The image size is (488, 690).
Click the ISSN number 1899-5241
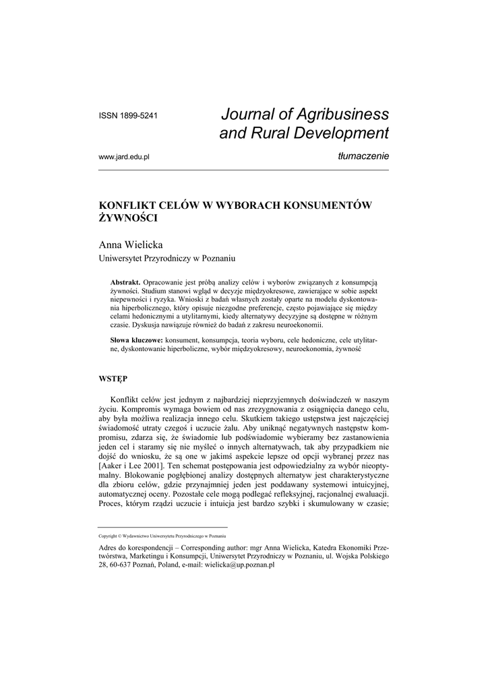(129, 116)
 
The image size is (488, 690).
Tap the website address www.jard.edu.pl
(123, 156)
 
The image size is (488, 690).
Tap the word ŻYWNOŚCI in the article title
(129, 218)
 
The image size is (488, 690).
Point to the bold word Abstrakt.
(125, 281)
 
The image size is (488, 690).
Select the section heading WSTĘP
(113, 379)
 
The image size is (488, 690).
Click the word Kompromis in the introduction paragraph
(148, 409)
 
